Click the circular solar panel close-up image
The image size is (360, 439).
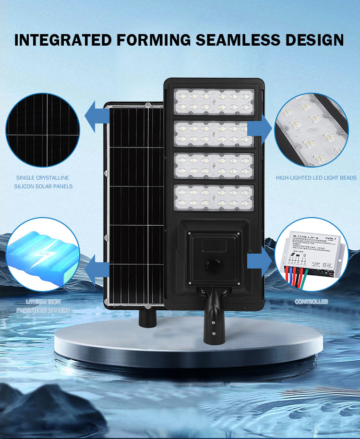pos(43,130)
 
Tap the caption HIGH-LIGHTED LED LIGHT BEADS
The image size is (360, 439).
pos(316,178)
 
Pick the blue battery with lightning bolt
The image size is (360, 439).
pos(42,255)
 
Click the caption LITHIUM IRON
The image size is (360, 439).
pos(43,302)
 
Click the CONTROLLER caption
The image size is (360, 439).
pos(312,302)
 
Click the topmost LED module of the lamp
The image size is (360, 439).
pos(214,101)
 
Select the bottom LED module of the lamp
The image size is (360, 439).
pos(214,197)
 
